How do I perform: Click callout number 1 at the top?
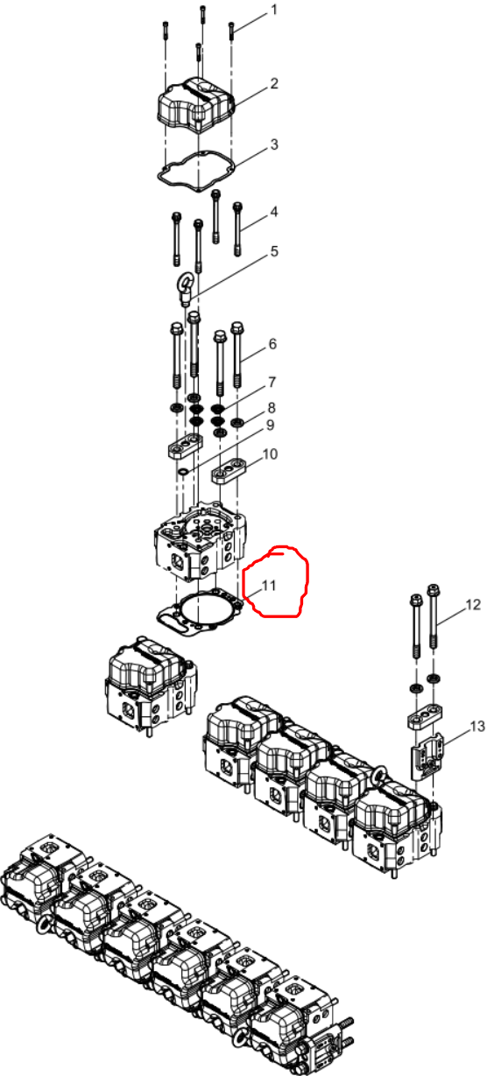coord(274,10)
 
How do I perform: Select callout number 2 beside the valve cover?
coord(274,83)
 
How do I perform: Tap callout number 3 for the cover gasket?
coord(274,144)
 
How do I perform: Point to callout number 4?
coord(274,211)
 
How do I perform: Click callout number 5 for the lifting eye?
coord(274,250)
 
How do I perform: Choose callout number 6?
coord(272,343)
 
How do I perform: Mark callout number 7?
coord(272,382)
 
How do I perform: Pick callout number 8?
coord(272,407)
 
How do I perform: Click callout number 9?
coord(270,425)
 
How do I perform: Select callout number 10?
coord(270,454)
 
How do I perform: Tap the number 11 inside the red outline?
coord(268,585)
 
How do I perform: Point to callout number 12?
coord(473,605)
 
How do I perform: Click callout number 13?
coord(476,727)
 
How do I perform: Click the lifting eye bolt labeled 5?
coord(186,287)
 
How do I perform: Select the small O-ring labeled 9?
coord(183,472)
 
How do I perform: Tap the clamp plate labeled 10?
coord(229,471)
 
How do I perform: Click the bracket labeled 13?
coord(427,756)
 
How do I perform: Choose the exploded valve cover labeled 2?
coord(195,104)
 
